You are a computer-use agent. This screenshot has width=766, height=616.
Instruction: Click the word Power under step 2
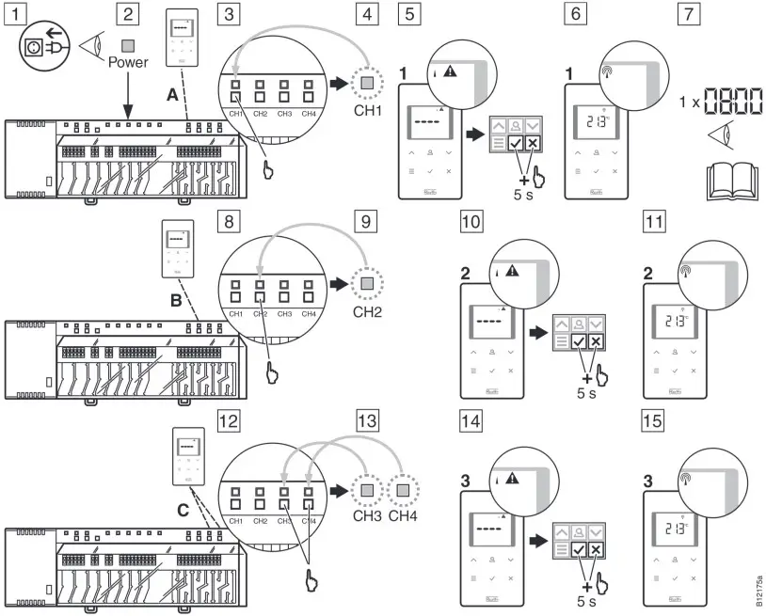pos(128,66)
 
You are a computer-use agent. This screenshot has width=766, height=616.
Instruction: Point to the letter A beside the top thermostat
pos(173,95)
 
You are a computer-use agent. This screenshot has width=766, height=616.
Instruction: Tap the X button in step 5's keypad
pos(533,143)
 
